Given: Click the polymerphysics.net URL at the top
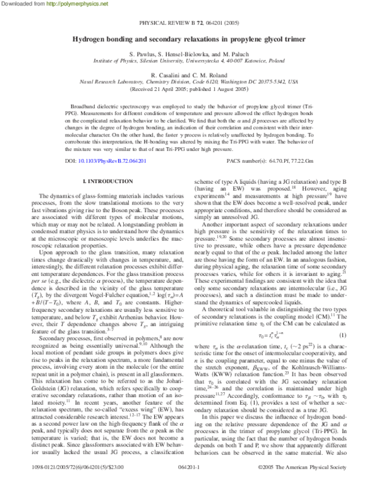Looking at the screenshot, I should pos(67,4).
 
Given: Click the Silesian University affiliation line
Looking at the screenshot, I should pos(189,61).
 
